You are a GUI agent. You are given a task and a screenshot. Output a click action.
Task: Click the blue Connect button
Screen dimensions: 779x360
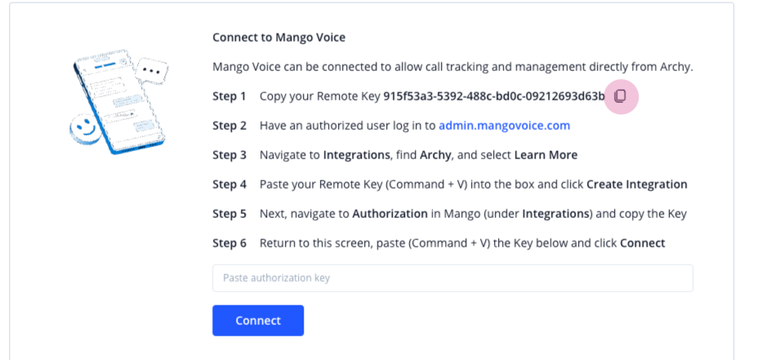[x=258, y=320]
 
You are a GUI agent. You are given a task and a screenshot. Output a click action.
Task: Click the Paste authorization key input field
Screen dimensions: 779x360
[x=452, y=278]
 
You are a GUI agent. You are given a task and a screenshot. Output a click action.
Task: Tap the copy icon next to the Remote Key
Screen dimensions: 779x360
[x=620, y=96]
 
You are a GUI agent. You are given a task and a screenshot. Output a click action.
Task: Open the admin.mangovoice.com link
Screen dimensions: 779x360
[x=505, y=126]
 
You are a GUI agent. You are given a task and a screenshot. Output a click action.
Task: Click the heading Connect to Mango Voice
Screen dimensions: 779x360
[x=278, y=38]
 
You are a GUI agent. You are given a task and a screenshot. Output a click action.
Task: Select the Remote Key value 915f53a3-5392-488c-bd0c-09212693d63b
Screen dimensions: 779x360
[x=494, y=96]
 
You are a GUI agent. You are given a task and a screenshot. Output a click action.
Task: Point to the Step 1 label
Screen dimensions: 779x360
[x=229, y=96]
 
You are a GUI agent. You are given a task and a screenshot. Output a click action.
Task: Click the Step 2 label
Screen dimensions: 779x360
[x=229, y=126]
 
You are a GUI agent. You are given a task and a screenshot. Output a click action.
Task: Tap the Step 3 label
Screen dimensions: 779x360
[x=229, y=155]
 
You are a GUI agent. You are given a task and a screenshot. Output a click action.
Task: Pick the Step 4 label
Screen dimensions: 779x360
[x=229, y=184]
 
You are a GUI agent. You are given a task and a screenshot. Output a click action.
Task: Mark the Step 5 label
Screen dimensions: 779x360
[x=229, y=214]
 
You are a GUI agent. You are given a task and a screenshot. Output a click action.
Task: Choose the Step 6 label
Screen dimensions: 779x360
[x=229, y=243]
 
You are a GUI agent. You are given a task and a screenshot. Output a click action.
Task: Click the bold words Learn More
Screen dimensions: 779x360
[x=545, y=155]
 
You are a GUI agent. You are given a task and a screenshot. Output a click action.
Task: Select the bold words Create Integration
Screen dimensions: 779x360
[x=637, y=184]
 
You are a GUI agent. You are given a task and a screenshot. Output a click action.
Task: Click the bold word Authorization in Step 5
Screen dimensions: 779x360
[x=390, y=214]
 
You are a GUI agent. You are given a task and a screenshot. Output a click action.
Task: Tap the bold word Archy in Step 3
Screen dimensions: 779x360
[x=435, y=155]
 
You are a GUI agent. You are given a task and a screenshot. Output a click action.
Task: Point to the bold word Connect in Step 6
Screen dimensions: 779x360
[x=643, y=243]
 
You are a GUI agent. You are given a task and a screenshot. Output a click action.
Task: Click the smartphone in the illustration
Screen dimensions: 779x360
[x=119, y=102]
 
